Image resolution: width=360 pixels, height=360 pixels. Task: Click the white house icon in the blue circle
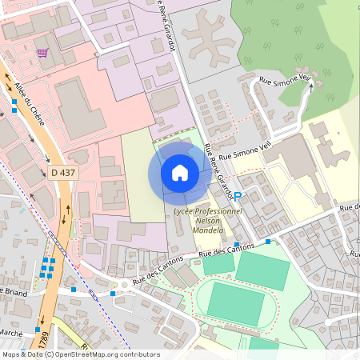(180, 172)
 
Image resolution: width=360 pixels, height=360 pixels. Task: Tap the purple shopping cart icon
(42, 53)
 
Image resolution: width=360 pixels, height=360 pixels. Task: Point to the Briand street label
(14, 292)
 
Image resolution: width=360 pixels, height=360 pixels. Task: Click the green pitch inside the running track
(237, 303)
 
